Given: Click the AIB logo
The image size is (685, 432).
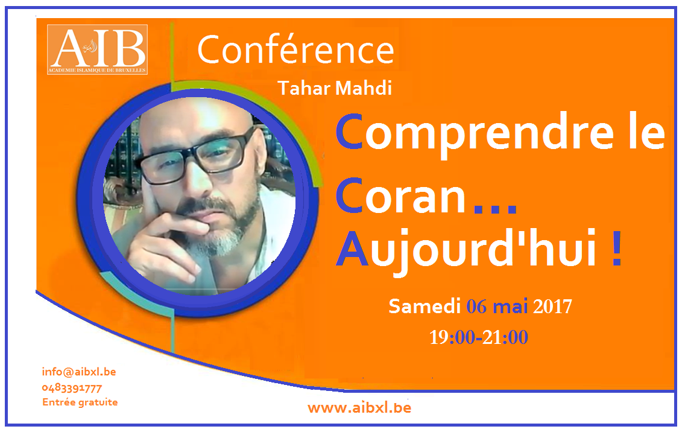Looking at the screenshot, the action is tap(98, 50).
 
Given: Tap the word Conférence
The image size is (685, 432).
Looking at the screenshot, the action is tap(295, 49).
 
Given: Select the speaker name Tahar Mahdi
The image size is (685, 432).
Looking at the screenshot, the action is tap(335, 88).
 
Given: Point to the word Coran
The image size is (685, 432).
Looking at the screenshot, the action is tap(400, 196).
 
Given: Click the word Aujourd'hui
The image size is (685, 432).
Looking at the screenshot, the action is tap(466, 249).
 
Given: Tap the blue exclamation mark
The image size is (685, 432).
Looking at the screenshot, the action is tap(616, 249).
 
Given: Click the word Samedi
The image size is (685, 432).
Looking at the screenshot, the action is tap(425, 306).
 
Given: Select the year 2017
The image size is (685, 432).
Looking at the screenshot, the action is tap(552, 307).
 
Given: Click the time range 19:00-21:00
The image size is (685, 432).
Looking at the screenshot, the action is tap(479, 337).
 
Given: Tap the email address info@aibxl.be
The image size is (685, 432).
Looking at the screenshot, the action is tap(79, 372).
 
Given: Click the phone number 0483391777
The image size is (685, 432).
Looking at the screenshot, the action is tap(72, 388).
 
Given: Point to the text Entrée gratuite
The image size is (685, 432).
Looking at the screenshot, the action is tap(80, 402).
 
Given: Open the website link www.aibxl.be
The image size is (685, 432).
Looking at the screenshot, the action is tap(359, 408).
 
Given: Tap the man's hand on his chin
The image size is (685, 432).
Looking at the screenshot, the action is tap(165, 243).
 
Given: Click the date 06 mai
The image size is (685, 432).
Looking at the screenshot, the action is tap(497, 306).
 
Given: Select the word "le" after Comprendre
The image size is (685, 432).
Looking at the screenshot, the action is tap(647, 131).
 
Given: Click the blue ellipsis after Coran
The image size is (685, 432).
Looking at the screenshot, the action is tap(496, 209).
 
